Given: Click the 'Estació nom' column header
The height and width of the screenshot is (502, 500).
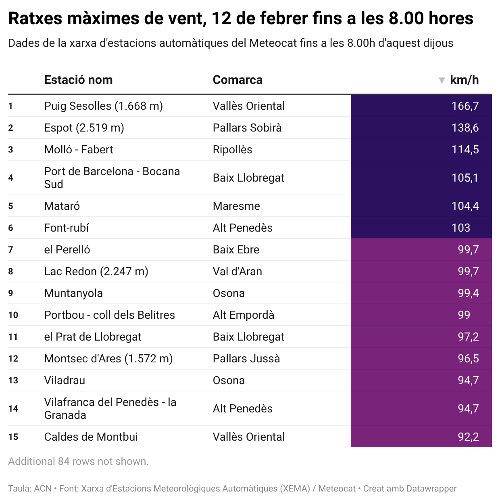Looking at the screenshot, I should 78,80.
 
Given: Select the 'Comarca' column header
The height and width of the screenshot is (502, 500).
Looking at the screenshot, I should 237,80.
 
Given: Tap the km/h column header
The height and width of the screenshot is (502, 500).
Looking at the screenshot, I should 464,80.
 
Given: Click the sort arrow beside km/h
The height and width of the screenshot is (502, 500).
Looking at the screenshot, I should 442,80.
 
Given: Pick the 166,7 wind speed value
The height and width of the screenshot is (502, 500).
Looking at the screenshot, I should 465,106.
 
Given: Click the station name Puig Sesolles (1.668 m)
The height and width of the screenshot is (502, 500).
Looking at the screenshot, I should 103,106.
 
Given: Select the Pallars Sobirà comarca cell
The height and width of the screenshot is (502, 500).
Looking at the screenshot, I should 247,128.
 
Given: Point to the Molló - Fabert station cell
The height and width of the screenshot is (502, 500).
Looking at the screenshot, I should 79,150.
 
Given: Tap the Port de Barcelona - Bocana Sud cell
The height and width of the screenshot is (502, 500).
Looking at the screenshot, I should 112,178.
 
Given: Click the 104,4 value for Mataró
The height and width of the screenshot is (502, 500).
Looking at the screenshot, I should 465,206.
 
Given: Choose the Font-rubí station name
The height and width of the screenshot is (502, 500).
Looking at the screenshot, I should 67,228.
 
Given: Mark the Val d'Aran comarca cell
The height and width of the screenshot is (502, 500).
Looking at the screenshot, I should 237,272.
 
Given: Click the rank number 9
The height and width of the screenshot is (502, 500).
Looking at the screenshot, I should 10,293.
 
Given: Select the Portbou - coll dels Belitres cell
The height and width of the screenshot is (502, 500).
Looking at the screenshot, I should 109,315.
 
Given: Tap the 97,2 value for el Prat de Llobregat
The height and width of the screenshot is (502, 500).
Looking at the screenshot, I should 468,337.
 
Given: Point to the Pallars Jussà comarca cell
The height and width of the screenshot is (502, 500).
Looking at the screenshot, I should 246,359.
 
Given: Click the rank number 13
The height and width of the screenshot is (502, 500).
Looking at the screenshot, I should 13,381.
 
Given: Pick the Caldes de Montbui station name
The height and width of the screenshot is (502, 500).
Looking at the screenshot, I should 91,437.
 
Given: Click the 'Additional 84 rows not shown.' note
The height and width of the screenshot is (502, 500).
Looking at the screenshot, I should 78,461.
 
